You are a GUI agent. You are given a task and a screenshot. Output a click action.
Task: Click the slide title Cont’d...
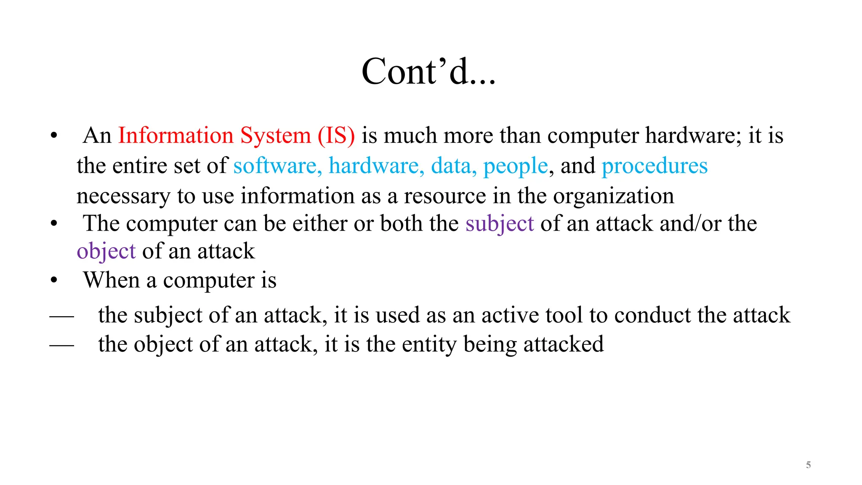(428, 72)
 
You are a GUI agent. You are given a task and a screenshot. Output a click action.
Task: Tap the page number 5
(808, 465)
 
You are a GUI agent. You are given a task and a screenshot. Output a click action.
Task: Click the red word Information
(176, 136)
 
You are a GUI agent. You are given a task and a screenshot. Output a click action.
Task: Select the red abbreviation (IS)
(336, 136)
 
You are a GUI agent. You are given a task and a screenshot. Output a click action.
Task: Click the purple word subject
(500, 224)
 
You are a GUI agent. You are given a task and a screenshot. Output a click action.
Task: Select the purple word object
(106, 252)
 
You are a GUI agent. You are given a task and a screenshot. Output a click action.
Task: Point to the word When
(111, 280)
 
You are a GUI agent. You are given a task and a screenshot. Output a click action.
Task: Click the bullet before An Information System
(53, 136)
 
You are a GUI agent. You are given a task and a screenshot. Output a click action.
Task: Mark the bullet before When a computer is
(53, 280)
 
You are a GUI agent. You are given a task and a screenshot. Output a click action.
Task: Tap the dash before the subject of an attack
(61, 316)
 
